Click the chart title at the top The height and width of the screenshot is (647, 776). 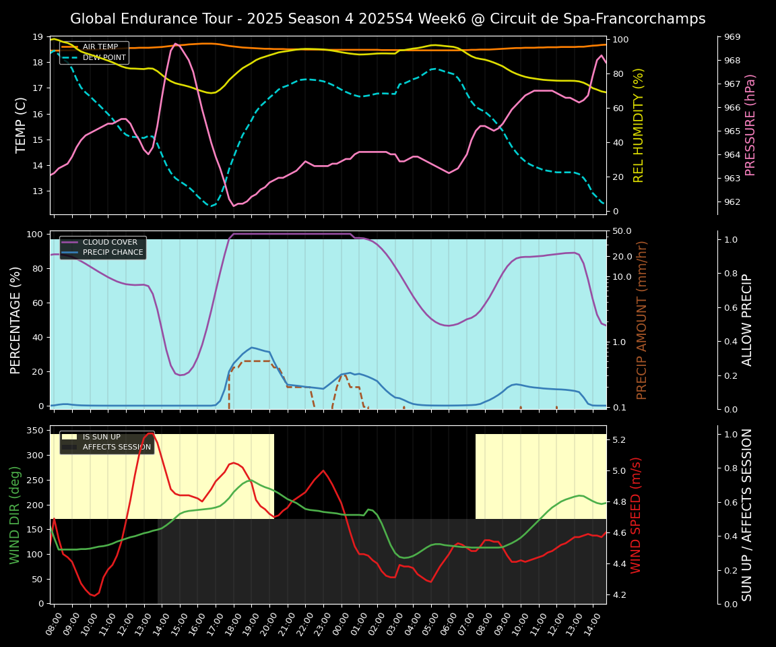pos(387,19)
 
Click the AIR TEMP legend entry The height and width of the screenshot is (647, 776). pos(100,47)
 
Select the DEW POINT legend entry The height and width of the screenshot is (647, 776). pos(104,57)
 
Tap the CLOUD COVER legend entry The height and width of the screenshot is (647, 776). pos(110,243)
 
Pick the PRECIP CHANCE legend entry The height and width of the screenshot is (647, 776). pos(112,253)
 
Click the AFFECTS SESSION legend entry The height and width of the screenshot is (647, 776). pos(117,447)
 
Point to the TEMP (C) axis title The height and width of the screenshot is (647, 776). pos(22,125)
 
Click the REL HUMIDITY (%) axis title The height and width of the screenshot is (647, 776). pos(639,125)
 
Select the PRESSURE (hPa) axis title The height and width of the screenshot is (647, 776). pos(750,125)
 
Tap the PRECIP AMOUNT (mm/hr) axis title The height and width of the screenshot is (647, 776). pos(642,319)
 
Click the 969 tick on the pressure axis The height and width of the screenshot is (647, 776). pos(733,37)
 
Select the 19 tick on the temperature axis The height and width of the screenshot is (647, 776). pos(38,37)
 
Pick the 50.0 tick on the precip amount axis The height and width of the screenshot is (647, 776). pos(622,231)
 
